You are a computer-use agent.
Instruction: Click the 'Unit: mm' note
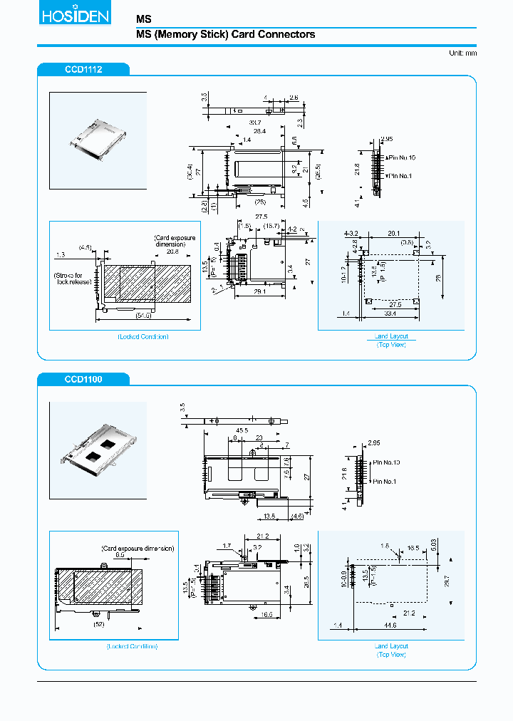pyautogui.click(x=462, y=53)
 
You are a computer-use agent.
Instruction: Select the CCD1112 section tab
pyautogui.click(x=83, y=69)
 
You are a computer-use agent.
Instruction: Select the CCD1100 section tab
pyautogui.click(x=83, y=379)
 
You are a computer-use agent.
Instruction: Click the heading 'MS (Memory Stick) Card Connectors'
pyautogui.click(x=225, y=34)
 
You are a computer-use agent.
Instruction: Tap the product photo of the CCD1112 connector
pyautogui.click(x=98, y=140)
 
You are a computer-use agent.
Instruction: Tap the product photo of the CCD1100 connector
pyautogui.click(x=98, y=450)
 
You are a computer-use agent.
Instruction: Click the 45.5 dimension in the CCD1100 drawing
pyautogui.click(x=242, y=430)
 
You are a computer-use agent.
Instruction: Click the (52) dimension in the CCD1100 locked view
pyautogui.click(x=100, y=625)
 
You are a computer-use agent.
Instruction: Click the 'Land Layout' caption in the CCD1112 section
pyautogui.click(x=391, y=336)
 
